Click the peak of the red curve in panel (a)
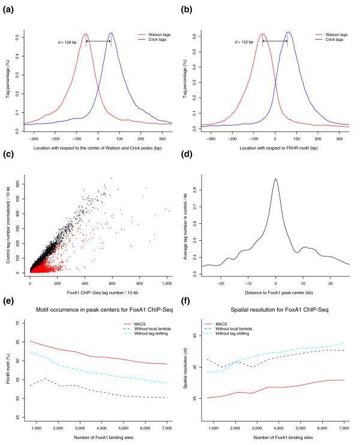click(86, 34)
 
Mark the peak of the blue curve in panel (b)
click(288, 32)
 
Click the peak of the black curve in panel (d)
click(275, 178)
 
